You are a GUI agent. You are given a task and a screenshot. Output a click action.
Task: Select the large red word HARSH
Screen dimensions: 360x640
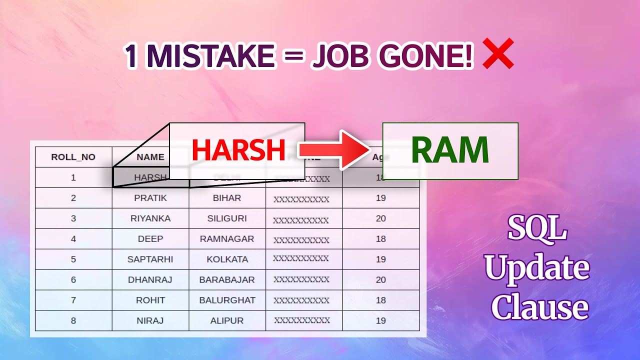238,150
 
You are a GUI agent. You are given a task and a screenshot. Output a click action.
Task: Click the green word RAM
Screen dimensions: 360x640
449,150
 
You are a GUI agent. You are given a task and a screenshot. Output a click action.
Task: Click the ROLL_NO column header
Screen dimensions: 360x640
73,157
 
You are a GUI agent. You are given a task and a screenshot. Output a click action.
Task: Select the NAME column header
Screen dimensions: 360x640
150,157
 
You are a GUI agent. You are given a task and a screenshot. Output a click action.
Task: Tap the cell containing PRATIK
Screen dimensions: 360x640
150,198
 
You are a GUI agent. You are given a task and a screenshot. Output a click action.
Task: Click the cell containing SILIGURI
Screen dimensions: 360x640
227,218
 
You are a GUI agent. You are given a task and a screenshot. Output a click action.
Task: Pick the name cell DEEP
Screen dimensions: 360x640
150,239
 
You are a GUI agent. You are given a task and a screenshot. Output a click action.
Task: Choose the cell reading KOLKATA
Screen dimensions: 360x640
227,259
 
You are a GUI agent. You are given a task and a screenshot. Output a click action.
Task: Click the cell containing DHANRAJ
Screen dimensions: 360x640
150,280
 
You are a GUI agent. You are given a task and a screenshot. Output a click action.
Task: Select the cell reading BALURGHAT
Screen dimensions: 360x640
227,300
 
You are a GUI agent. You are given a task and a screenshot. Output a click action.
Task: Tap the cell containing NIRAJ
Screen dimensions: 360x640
150,321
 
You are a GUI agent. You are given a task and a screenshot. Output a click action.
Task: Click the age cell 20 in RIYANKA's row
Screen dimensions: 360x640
380,218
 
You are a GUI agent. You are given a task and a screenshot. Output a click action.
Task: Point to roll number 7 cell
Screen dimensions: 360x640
73,300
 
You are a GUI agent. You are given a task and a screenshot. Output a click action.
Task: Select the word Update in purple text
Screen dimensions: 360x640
537,267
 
